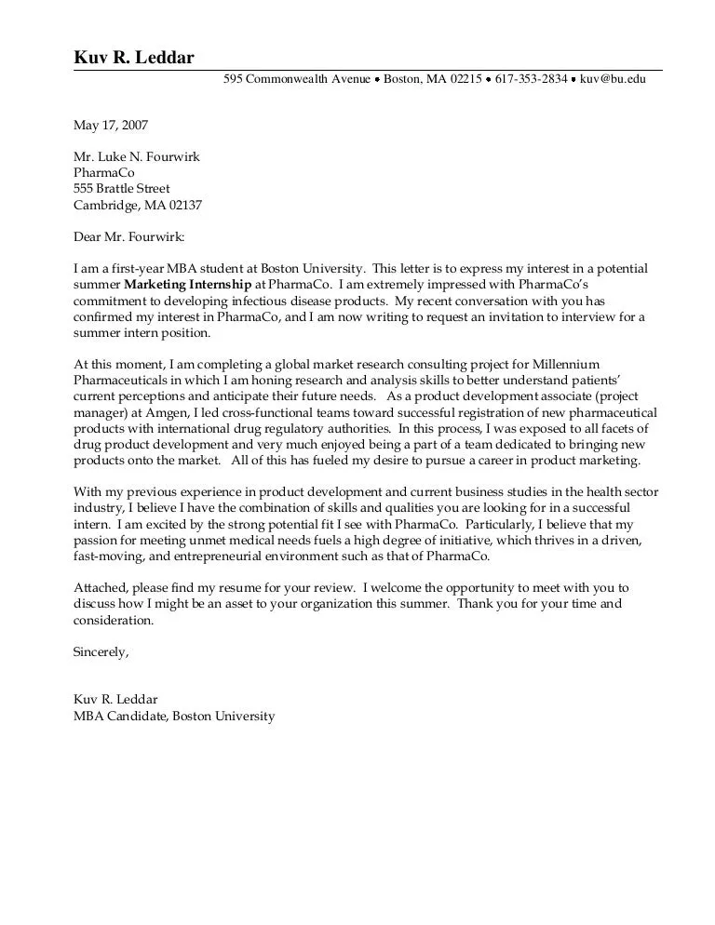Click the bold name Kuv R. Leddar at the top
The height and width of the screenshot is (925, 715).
(x=134, y=59)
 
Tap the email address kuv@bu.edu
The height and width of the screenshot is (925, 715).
(x=613, y=80)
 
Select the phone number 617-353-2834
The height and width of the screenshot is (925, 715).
(x=531, y=80)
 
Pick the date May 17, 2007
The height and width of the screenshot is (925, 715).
(x=111, y=125)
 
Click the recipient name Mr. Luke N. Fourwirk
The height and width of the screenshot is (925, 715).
(x=137, y=156)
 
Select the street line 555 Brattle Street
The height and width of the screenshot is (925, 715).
(x=122, y=188)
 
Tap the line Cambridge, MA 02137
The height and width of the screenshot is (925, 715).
(x=138, y=205)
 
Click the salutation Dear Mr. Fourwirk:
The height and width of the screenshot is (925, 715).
(x=129, y=236)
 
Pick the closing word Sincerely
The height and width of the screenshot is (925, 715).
(x=101, y=651)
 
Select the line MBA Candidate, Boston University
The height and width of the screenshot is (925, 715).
(x=174, y=717)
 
